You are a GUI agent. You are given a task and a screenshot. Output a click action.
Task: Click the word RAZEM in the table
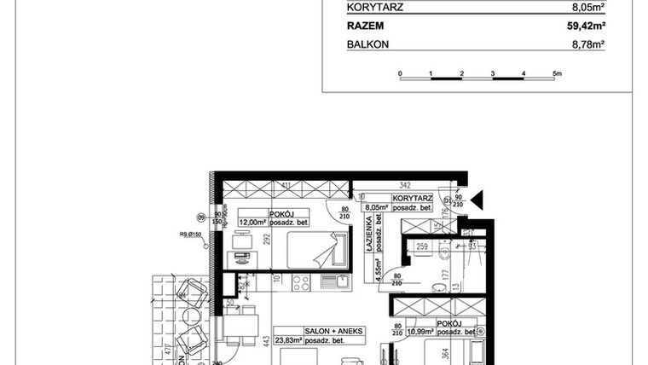click(365, 26)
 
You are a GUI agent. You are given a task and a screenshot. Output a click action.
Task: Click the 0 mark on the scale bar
click(400, 74)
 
